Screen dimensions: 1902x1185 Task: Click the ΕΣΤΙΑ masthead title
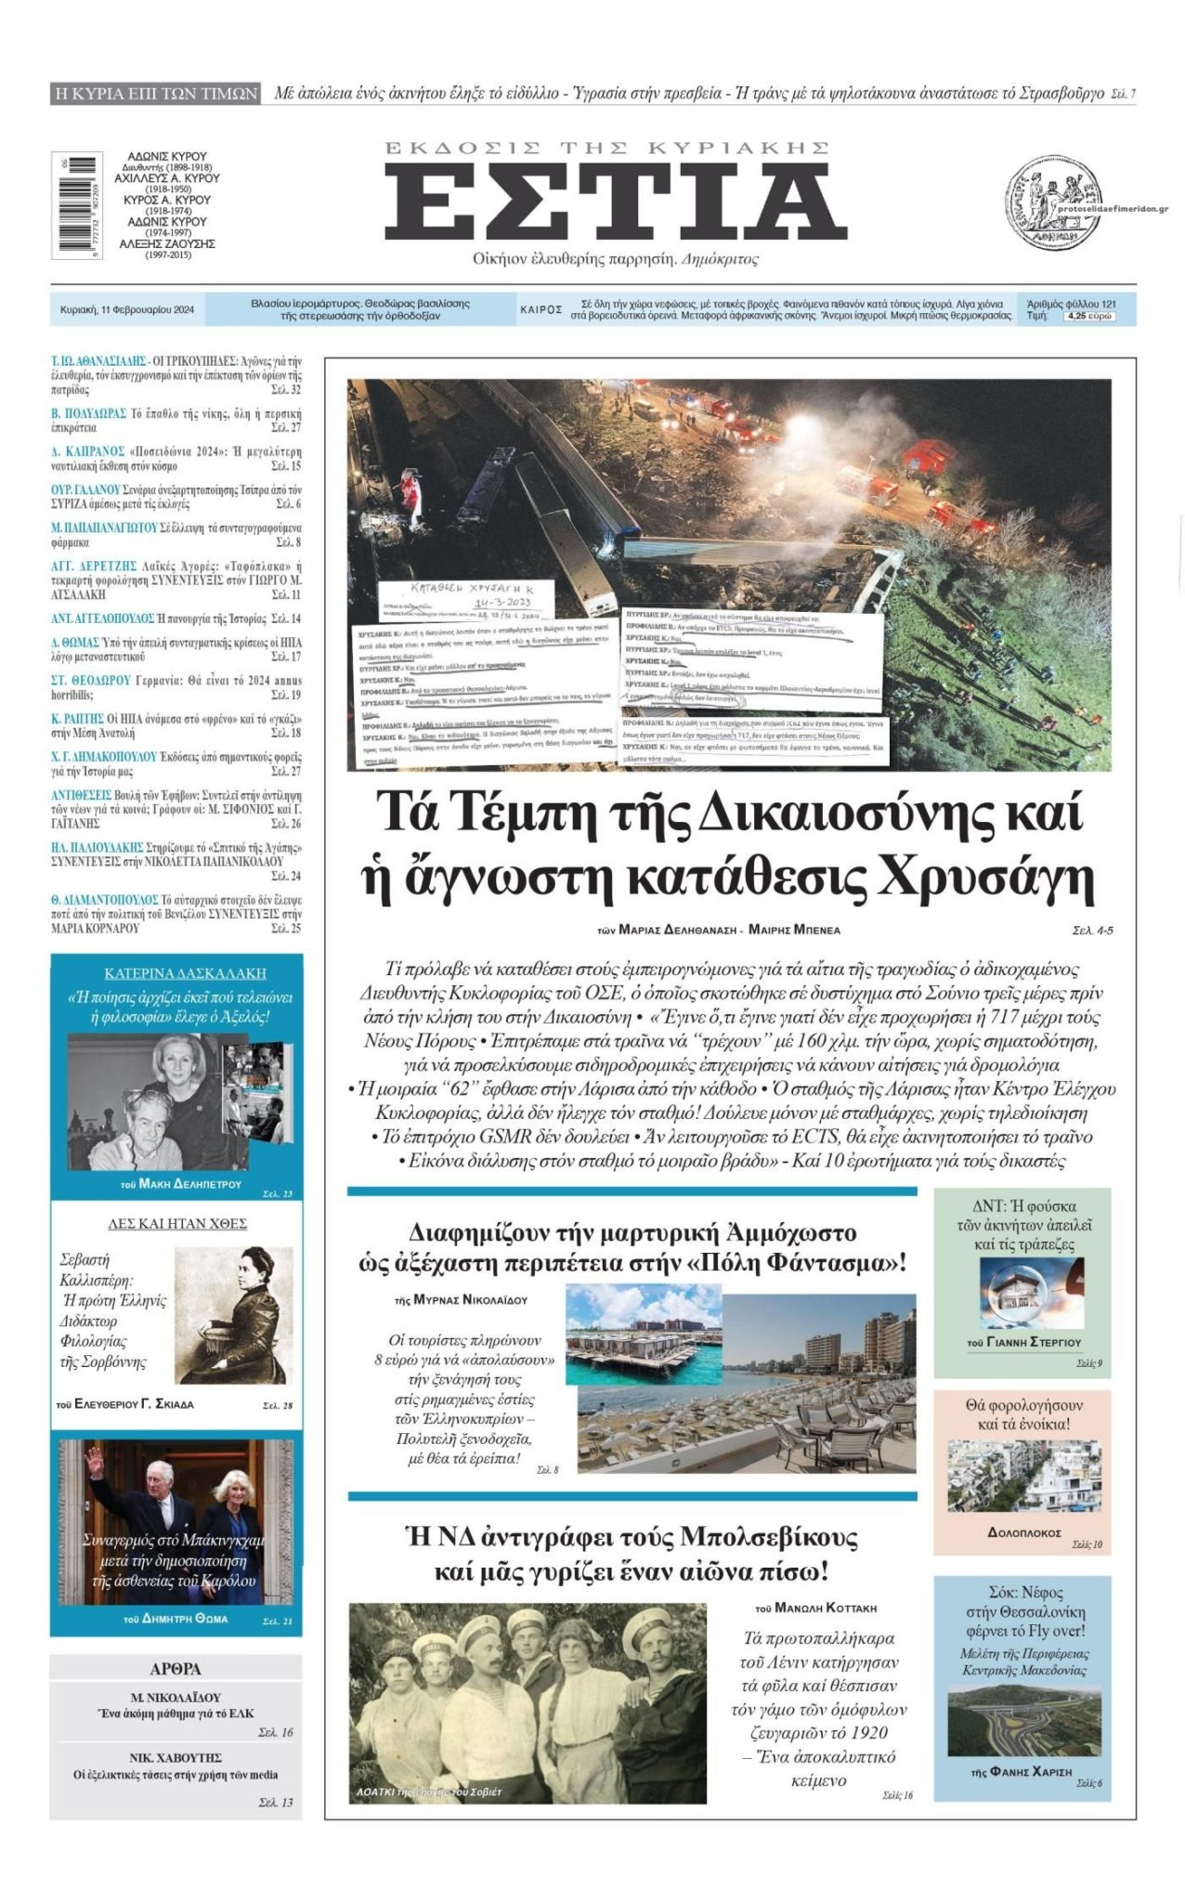coord(615,202)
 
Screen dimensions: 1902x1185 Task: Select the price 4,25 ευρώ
coord(1088,316)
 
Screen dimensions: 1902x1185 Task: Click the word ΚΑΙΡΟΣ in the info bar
coord(540,310)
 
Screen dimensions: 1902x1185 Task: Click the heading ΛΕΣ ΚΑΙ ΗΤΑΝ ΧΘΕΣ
coord(176,1223)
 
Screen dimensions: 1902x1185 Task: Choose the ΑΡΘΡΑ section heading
coord(176,1669)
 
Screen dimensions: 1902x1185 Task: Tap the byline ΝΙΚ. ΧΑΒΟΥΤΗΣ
coord(176,1758)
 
